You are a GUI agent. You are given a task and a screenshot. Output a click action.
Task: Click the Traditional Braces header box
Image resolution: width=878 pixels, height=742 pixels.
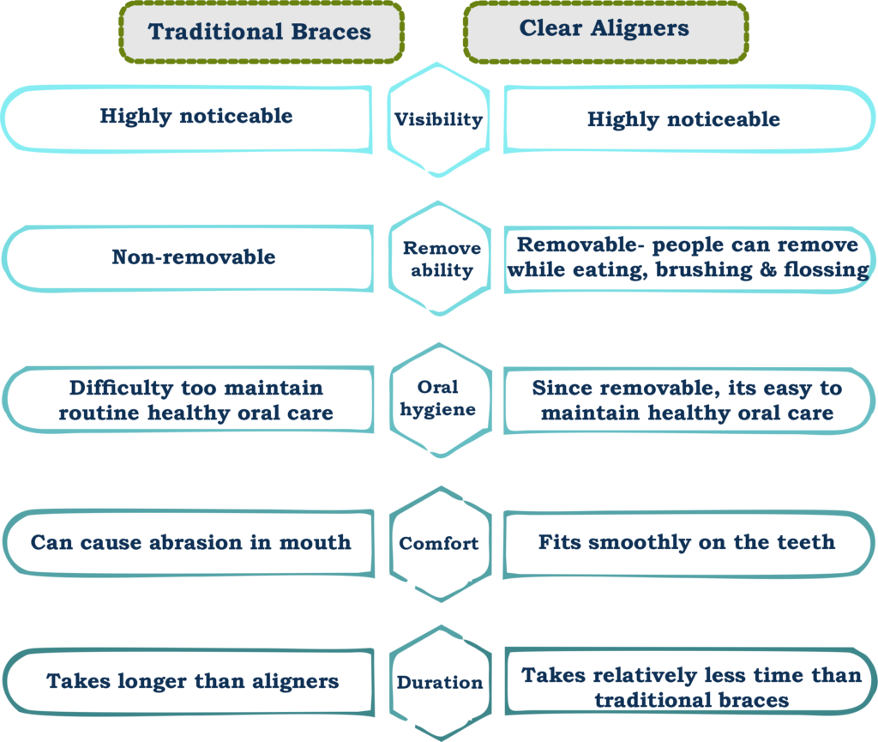click(262, 32)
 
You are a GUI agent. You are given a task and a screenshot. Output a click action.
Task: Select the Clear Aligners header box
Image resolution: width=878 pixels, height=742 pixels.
click(606, 32)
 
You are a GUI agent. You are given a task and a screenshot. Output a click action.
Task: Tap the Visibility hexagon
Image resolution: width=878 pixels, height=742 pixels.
click(438, 120)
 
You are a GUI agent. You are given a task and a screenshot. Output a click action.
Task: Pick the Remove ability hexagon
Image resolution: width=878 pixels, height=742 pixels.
click(440, 258)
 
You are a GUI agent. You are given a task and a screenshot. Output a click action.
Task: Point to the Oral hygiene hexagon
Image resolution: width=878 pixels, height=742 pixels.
click(441, 400)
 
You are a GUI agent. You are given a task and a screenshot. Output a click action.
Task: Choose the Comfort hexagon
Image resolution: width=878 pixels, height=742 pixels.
click(441, 544)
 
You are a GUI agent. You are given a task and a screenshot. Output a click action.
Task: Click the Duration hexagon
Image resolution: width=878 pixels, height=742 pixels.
click(441, 683)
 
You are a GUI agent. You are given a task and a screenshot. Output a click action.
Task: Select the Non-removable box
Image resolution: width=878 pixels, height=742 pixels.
click(188, 258)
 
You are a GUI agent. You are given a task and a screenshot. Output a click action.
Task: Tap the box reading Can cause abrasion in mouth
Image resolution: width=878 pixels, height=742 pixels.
click(189, 543)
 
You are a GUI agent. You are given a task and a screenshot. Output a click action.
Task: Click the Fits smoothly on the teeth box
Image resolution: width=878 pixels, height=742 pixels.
click(689, 544)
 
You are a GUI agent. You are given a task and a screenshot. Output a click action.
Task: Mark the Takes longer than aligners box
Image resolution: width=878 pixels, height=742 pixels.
click(189, 682)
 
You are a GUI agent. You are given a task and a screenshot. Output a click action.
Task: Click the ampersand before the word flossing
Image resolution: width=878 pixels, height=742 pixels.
click(768, 269)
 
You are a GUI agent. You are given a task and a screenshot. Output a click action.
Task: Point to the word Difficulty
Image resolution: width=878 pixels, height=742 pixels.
click(122, 388)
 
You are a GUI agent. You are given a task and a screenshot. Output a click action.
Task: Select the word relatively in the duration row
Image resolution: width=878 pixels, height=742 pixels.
click(645, 676)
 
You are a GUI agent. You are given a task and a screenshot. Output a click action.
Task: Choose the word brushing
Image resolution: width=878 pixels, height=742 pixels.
click(704, 270)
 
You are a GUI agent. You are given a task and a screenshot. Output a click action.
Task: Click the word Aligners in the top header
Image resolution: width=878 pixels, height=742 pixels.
click(640, 28)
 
